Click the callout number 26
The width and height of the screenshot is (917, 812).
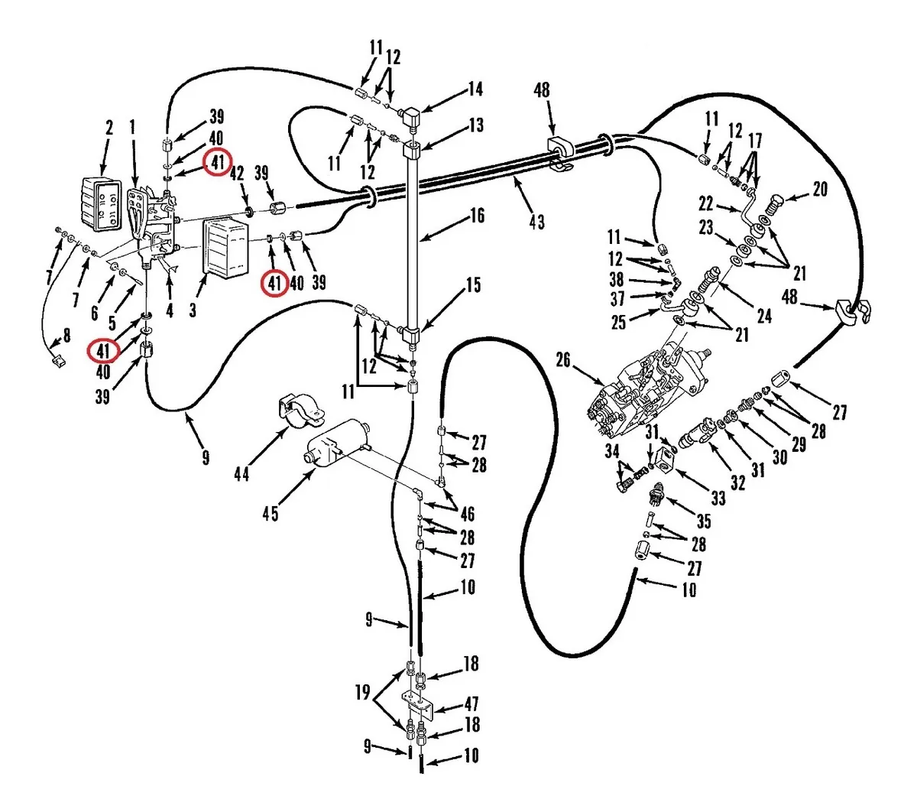coord(563,359)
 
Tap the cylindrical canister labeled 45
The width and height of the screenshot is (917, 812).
coord(336,443)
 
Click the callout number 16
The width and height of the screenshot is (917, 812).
coord(477,216)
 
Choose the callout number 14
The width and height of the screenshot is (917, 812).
coord(475,89)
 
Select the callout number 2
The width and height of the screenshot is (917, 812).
coord(109,128)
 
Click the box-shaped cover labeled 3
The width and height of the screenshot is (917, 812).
coord(226,247)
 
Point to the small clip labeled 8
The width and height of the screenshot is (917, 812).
coord(55,357)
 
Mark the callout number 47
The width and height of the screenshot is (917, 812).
coord(471,706)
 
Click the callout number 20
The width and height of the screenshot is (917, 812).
coord(819,188)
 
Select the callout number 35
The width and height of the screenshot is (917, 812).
coord(703,521)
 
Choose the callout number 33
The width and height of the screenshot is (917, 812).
coord(718,499)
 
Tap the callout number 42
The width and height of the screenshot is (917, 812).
coord(238,171)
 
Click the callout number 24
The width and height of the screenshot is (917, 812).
coord(763,315)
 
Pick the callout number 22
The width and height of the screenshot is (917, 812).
coord(705,203)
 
